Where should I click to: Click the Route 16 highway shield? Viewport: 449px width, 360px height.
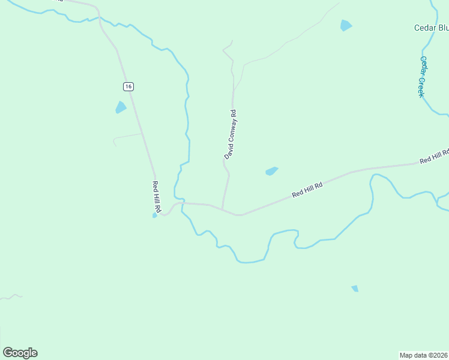(x=128, y=86)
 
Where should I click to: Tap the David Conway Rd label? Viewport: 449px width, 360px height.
(x=231, y=134)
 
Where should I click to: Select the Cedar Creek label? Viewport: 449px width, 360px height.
(x=422, y=77)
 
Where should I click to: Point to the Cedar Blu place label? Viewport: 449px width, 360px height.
(x=431, y=28)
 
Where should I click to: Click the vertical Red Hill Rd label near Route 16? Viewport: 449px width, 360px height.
(x=156, y=197)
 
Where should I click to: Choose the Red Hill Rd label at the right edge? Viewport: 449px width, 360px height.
(x=433, y=157)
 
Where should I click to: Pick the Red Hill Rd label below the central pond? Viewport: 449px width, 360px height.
(x=307, y=190)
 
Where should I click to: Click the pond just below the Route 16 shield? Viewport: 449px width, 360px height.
(x=121, y=107)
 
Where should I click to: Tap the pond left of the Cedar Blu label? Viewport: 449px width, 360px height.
(x=345, y=25)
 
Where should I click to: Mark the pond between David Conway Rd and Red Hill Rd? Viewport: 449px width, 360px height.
(x=271, y=171)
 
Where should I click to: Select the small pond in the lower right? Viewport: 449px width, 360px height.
(x=355, y=289)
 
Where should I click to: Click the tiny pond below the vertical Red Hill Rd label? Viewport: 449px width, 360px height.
(x=154, y=215)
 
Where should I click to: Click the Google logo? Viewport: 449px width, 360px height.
(x=20, y=353)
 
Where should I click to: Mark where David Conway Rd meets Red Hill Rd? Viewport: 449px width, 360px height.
(x=223, y=209)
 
